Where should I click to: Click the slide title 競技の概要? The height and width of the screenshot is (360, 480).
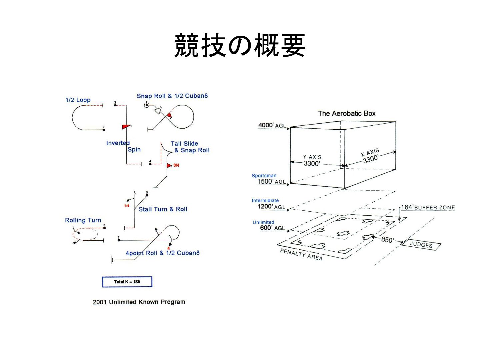240,45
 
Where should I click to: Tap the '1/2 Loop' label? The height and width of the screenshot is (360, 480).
78,100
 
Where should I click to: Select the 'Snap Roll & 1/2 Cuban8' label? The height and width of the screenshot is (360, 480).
172,96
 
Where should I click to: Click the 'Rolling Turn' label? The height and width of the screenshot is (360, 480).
83,220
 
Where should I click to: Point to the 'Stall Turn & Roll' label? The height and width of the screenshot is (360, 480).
163,209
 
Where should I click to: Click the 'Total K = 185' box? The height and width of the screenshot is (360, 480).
127,282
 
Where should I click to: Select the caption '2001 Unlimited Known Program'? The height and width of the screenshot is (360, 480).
139,302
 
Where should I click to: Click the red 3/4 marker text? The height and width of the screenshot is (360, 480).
176,165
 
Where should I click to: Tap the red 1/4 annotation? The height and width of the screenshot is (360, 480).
127,206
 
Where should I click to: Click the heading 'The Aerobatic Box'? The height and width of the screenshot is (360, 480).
347,113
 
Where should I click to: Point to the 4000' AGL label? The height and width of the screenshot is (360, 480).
272,125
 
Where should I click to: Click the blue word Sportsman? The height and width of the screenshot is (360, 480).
264,176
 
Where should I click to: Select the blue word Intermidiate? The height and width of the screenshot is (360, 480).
265,200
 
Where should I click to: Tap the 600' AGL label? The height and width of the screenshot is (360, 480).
272,228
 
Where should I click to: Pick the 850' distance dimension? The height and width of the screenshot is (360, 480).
387,240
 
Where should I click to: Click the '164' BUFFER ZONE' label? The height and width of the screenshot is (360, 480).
428,207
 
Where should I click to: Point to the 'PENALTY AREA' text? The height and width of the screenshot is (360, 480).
301,255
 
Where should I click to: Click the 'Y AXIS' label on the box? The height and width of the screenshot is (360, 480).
312,157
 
